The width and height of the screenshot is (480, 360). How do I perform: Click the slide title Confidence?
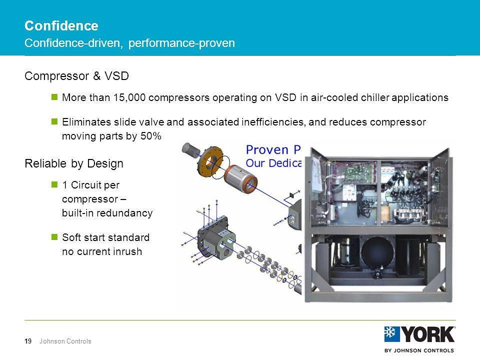(x=61, y=25)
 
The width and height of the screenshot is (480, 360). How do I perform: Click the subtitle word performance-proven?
(x=181, y=43)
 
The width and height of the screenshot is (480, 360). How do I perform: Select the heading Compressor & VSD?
(x=76, y=76)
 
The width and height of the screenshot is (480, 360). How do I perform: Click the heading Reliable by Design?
(x=73, y=163)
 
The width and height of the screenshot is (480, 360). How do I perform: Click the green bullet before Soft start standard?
(x=55, y=236)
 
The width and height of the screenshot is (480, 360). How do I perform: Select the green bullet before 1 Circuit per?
(x=55, y=185)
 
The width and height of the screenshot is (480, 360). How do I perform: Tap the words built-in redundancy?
(x=107, y=213)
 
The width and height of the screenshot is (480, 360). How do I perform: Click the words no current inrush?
(x=101, y=251)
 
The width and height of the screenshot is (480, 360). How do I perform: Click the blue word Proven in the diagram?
(x=266, y=149)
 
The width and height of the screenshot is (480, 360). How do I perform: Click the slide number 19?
(x=28, y=341)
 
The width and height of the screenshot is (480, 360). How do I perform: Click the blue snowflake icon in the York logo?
(x=392, y=334)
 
